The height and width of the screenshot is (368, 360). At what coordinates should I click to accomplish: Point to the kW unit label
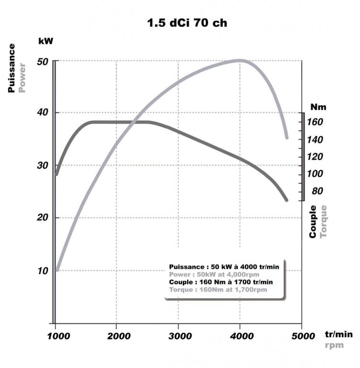[x=45, y=41]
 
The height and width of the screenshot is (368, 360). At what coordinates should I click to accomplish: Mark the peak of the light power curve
[x=239, y=60]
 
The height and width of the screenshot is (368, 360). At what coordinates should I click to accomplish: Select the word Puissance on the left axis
[x=12, y=68]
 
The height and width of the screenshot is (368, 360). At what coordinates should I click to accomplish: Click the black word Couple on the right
[x=313, y=221]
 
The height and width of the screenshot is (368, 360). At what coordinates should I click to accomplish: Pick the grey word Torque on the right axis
[x=324, y=221]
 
